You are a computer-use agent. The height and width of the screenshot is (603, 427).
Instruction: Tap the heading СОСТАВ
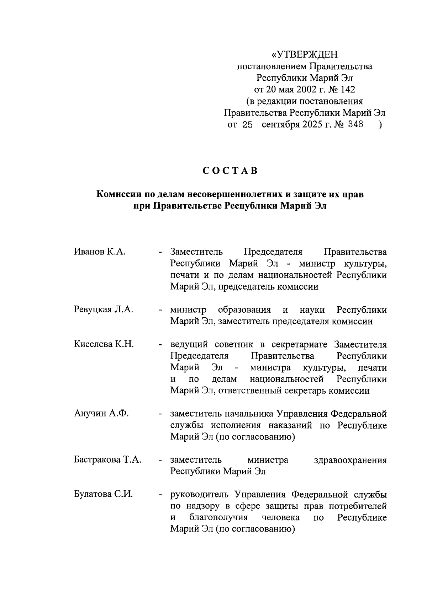pyautogui.click(x=230, y=171)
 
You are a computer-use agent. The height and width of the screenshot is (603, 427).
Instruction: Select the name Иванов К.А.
pyautogui.click(x=100, y=252)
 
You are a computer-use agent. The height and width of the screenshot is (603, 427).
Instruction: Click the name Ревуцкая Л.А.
pyautogui.click(x=104, y=310)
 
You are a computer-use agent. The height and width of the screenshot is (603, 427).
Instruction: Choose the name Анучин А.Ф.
pyautogui.click(x=101, y=414)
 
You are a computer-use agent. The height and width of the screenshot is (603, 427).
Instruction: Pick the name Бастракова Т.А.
pyautogui.click(x=107, y=460)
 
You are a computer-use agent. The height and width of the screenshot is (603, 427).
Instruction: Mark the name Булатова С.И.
pyautogui.click(x=103, y=494)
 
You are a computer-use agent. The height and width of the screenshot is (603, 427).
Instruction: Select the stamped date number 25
pyautogui.click(x=247, y=125)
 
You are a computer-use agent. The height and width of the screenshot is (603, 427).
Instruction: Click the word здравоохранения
pyautogui.click(x=350, y=460)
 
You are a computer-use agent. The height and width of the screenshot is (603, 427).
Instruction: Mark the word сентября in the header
pyautogui.click(x=280, y=125)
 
